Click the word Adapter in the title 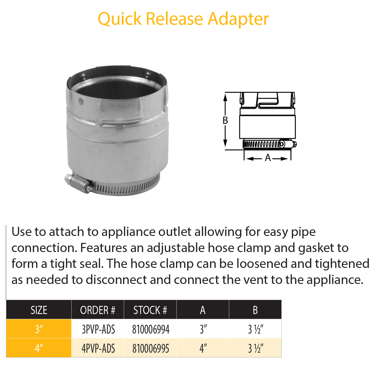238,19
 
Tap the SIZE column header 39,310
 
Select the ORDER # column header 98,310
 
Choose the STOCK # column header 150,310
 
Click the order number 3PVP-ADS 98,329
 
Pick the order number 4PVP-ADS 98,349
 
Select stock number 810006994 150,329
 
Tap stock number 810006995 150,349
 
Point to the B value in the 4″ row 255,349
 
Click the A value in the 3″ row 203,329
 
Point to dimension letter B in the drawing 225,121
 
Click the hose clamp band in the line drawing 262,144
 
